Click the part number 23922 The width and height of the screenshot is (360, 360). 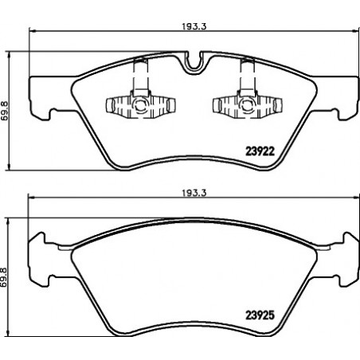[260, 151]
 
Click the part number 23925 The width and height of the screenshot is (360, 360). [260, 315]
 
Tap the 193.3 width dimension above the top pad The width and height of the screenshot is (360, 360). [194, 26]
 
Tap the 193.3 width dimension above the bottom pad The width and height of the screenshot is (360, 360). [194, 193]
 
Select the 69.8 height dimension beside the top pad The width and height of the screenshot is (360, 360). [4, 111]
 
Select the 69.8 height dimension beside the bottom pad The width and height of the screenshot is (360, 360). [4, 277]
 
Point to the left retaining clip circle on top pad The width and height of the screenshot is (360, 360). [140, 104]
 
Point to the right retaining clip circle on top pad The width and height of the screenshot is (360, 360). [247, 104]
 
